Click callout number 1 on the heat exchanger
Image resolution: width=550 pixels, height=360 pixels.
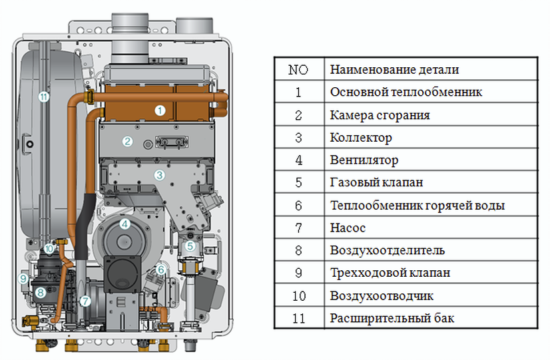(160, 110)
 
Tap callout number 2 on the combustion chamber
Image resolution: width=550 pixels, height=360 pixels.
(127, 141)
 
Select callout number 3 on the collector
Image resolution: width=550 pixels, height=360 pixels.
(159, 176)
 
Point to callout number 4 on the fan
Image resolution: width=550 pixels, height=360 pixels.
(125, 224)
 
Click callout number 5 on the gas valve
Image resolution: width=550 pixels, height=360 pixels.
(190, 246)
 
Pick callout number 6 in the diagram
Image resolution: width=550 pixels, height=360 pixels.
(160, 270)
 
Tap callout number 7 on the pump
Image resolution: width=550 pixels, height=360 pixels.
(85, 300)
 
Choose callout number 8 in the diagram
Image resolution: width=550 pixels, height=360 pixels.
(40, 291)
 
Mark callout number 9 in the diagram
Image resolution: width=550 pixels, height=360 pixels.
(23, 278)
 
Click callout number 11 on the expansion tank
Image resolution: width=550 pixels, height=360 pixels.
(43, 97)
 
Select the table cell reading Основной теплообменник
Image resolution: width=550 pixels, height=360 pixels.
(406, 92)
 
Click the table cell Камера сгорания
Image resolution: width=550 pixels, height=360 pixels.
(380, 115)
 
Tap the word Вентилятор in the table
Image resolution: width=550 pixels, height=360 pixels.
(364, 160)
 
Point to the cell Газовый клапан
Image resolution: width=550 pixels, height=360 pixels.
(376, 182)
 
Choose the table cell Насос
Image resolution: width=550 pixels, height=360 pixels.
(348, 228)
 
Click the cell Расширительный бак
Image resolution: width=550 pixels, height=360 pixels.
(392, 318)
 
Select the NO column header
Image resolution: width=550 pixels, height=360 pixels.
(298, 69)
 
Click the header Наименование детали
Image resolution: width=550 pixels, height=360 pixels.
(394, 69)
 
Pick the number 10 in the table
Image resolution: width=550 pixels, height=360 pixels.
(298, 295)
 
